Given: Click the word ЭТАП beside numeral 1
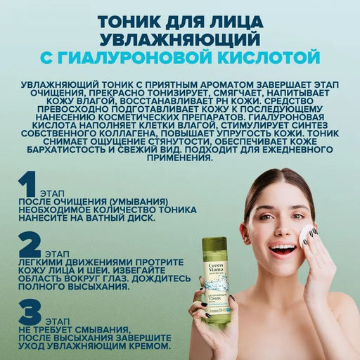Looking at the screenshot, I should (x=50, y=190).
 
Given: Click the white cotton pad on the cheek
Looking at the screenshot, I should (x=307, y=235).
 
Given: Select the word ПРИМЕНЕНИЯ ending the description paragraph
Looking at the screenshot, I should (x=179, y=159).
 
